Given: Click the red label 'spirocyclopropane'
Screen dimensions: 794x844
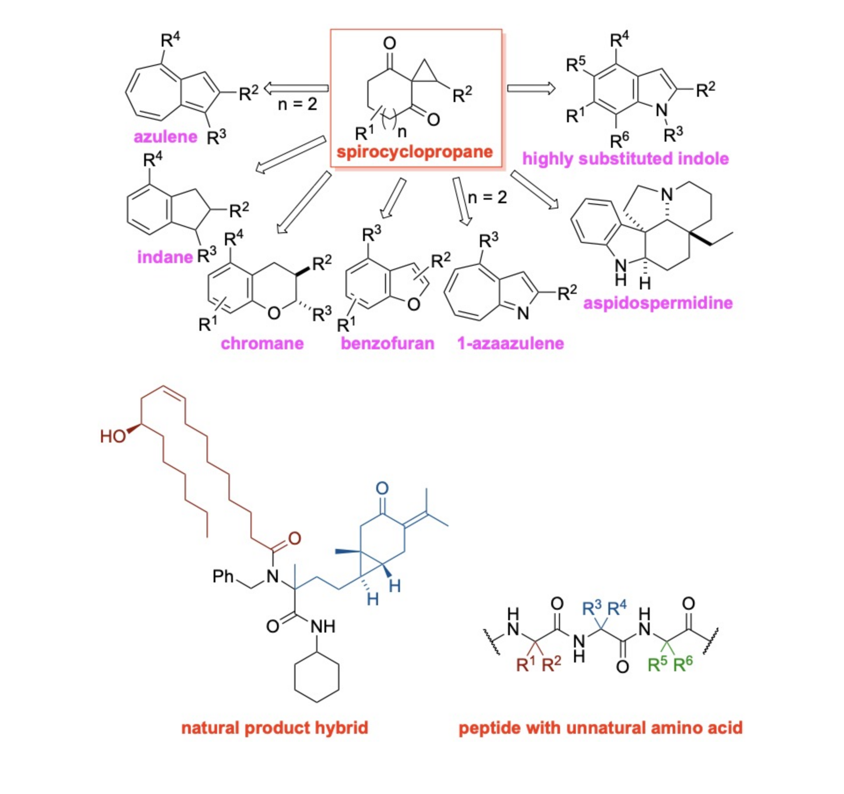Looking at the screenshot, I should pos(415,152).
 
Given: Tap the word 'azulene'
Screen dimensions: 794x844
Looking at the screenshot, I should pos(165,137).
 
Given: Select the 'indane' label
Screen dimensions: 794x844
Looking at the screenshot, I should pos(165,257).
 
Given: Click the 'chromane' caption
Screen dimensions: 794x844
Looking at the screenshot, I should pos(262,343).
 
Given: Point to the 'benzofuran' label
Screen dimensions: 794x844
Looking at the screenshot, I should pos(387,343).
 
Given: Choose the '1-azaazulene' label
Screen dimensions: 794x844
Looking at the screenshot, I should pos(510,343).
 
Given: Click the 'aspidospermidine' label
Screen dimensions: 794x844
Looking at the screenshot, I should pos(658,303).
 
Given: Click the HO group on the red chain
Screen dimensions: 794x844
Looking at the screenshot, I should pos(113,436).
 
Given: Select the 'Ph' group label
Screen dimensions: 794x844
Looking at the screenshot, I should pos(223,576).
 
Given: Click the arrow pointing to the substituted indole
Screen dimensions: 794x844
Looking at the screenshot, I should pos(531,88).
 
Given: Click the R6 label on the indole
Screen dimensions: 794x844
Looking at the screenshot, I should pos(619,140).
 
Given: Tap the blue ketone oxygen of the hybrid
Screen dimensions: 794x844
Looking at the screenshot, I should pos(382,488).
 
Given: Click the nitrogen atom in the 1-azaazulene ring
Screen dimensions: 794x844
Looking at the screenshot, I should pos(523,313).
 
